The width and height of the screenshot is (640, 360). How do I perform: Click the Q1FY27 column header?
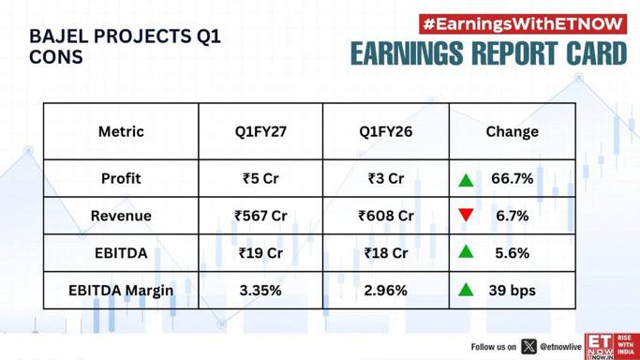click(x=260, y=131)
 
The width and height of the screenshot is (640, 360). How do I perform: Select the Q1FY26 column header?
click(x=386, y=131)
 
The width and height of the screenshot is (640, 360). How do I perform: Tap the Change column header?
click(x=513, y=131)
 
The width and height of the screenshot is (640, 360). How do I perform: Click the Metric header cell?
click(x=121, y=131)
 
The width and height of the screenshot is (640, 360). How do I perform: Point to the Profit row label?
click(x=121, y=178)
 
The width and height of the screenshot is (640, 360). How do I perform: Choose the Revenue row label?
click(x=121, y=216)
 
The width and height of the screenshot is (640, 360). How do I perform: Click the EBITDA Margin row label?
click(x=121, y=291)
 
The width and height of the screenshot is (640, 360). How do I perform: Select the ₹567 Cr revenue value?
click(x=260, y=216)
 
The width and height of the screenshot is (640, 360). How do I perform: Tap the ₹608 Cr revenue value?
click(x=386, y=216)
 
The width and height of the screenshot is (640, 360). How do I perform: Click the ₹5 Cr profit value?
click(x=260, y=178)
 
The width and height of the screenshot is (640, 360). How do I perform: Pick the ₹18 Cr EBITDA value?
click(x=386, y=253)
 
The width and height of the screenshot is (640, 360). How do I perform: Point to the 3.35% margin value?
click(x=260, y=291)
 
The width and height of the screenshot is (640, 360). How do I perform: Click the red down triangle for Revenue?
click(x=466, y=215)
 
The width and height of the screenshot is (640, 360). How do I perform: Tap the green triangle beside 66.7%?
click(x=466, y=180)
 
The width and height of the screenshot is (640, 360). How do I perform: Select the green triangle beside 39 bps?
click(x=466, y=290)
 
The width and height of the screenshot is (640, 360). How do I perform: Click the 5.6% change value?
click(x=513, y=253)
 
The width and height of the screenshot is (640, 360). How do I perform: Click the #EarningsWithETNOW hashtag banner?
click(x=523, y=24)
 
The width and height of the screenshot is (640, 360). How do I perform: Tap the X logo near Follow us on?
click(x=528, y=347)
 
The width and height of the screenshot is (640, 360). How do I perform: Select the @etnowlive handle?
click(x=560, y=347)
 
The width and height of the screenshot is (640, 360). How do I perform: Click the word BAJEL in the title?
click(x=58, y=37)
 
